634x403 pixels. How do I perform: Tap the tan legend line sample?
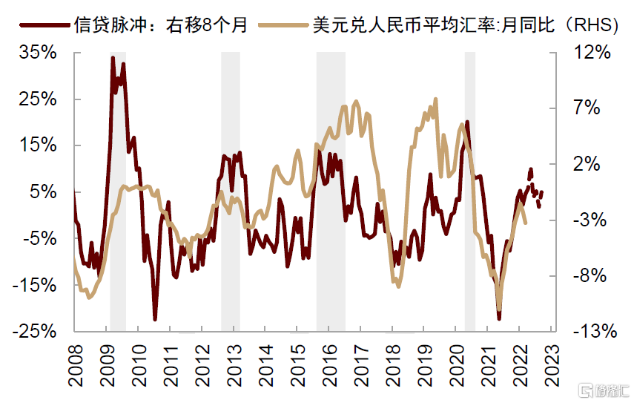coord(283,24)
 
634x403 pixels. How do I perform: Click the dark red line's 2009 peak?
coord(113,58)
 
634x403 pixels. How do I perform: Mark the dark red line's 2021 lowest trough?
coord(499,319)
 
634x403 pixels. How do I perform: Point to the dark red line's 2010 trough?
coord(155,319)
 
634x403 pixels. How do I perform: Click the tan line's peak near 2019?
coord(435,99)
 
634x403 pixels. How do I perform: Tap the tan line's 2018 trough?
coord(397,286)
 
